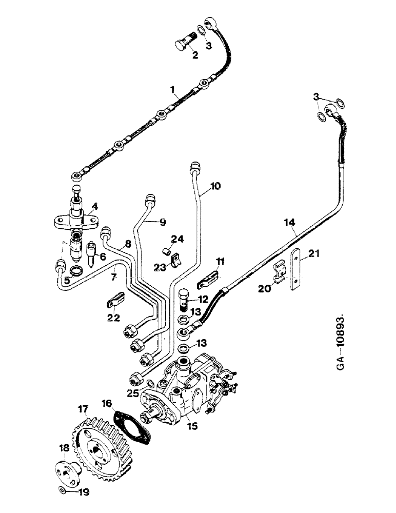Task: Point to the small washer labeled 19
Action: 62,490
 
